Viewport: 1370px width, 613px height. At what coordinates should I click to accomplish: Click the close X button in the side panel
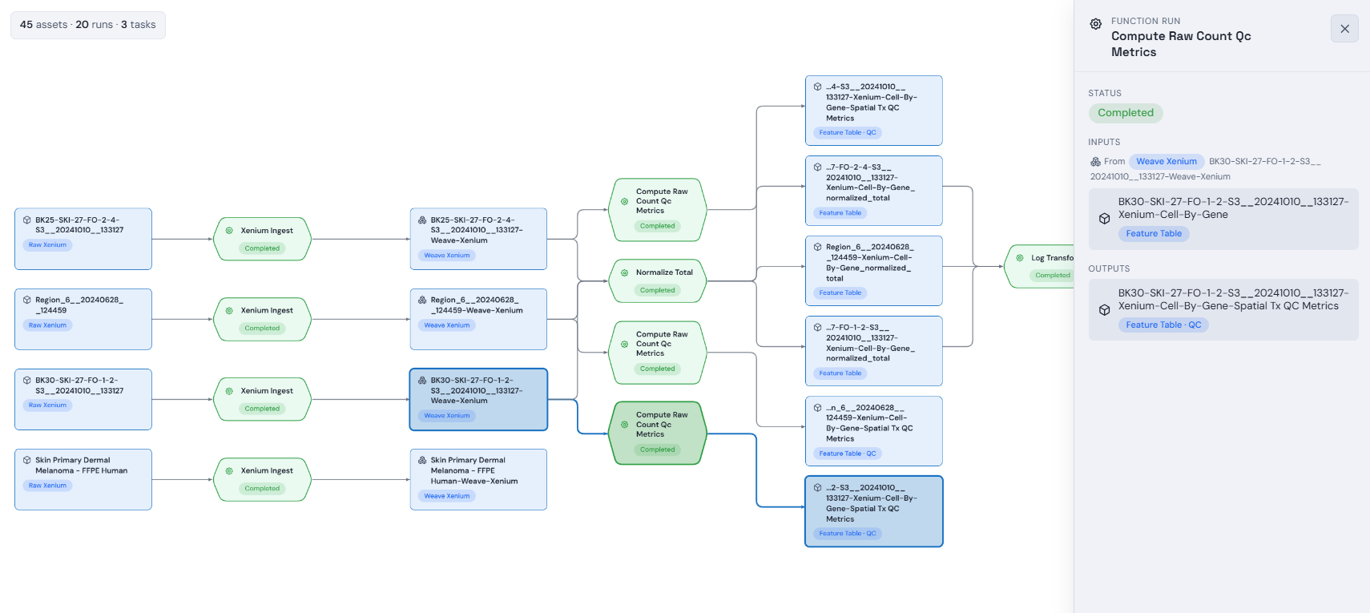(x=1344, y=29)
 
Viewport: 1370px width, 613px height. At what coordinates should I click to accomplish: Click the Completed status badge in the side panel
(x=1126, y=112)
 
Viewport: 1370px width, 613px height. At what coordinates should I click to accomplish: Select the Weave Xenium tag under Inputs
(x=1167, y=162)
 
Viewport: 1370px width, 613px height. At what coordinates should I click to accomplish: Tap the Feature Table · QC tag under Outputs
(x=1162, y=325)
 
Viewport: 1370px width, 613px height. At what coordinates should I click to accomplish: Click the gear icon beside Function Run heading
(x=1096, y=24)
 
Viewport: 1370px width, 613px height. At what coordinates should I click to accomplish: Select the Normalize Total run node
(x=658, y=280)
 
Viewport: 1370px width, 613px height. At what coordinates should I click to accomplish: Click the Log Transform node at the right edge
(x=1040, y=266)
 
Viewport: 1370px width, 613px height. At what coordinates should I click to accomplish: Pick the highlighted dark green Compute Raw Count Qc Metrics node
(x=658, y=433)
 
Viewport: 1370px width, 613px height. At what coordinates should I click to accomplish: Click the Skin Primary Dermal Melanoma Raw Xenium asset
(x=83, y=479)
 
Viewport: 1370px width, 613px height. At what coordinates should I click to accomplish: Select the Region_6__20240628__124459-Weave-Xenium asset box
(x=478, y=319)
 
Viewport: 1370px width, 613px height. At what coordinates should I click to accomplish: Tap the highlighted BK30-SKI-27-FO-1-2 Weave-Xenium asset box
(x=478, y=399)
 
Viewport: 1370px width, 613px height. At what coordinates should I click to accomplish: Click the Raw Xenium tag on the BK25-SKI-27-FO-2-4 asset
(x=48, y=244)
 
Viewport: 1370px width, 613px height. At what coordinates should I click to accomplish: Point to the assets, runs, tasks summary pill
(x=88, y=25)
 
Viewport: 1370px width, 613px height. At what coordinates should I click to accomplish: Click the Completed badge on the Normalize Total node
(x=658, y=290)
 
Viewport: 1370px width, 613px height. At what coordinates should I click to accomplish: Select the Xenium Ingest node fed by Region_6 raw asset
(x=262, y=319)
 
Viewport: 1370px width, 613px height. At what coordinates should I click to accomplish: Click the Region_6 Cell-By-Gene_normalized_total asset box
(x=873, y=270)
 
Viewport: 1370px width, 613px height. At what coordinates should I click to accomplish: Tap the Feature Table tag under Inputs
(x=1154, y=234)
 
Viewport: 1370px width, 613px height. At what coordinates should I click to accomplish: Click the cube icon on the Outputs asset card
(x=1105, y=310)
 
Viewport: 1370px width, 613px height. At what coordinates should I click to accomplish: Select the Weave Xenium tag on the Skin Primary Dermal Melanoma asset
(x=447, y=496)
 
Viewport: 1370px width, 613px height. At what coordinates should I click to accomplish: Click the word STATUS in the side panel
(x=1105, y=93)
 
